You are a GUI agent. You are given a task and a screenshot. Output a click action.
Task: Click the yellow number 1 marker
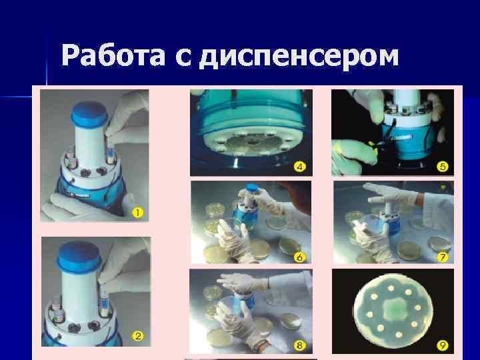(x=138, y=213)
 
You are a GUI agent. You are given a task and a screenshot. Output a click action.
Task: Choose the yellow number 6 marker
(x=300, y=256)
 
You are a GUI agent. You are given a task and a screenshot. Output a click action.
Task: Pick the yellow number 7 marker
(x=442, y=256)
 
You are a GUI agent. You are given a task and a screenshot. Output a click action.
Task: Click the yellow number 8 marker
(x=300, y=345)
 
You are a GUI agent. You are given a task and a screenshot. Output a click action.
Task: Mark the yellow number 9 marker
(x=442, y=345)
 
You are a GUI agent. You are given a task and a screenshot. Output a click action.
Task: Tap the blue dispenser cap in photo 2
(x=80, y=256)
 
